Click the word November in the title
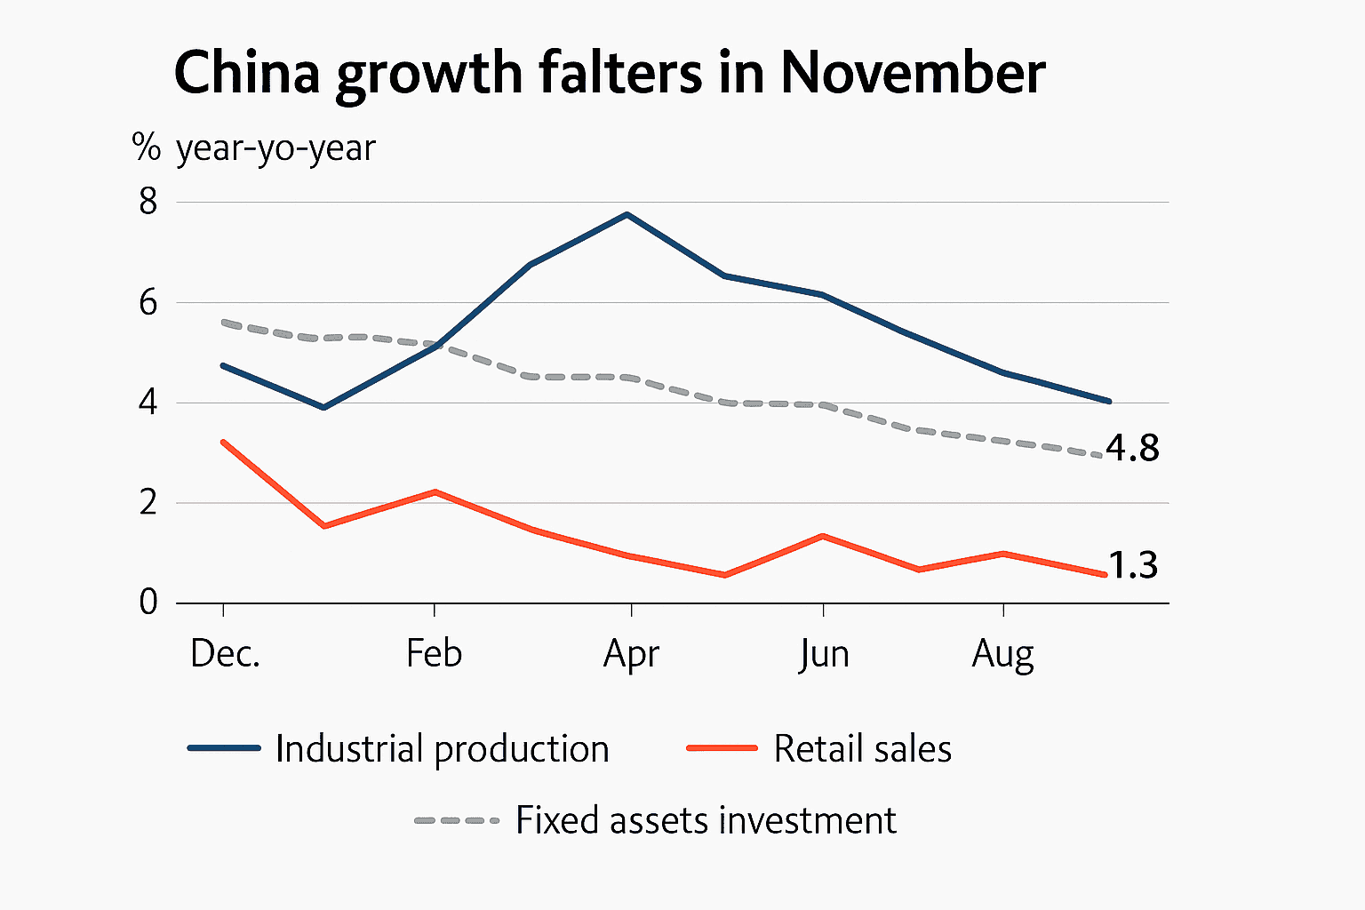click(913, 73)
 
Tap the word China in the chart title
click(246, 73)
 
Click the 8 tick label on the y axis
click(148, 202)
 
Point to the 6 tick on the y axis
click(148, 303)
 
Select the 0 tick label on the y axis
click(148, 603)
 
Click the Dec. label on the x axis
click(225, 654)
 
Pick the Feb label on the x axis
click(434, 654)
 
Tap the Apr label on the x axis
click(631, 655)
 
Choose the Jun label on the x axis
click(824, 655)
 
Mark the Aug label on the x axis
click(1003, 655)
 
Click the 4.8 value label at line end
click(1133, 449)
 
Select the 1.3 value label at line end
click(1133, 565)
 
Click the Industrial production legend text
click(442, 749)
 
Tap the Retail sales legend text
click(862, 749)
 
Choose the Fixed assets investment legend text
click(706, 820)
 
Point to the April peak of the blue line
click(627, 214)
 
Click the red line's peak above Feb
click(435, 491)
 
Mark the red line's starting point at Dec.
click(222, 441)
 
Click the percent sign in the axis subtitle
click(146, 148)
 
